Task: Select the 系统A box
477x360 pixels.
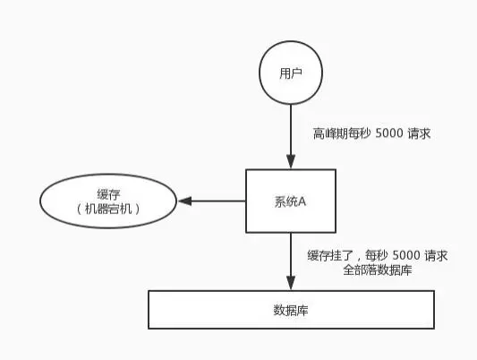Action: coord(290,200)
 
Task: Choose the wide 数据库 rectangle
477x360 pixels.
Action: coord(290,309)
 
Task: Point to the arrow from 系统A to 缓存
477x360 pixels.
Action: coord(215,201)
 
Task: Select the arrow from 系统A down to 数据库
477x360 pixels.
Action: coord(290,260)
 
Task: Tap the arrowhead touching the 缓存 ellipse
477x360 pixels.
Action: coord(183,201)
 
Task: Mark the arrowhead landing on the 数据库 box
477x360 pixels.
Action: coord(290,284)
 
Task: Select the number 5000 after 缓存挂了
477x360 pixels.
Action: coord(404,255)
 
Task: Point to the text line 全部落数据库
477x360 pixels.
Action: coord(377,270)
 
